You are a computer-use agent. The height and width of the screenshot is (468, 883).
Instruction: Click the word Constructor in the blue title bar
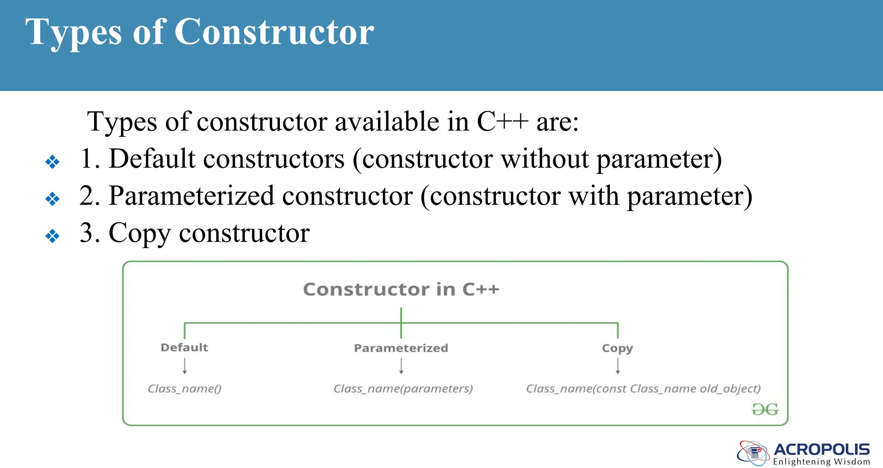[x=274, y=32]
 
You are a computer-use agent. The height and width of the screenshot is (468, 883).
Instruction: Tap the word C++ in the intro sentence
[x=502, y=122]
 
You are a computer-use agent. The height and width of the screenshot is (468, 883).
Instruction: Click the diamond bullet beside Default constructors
[x=52, y=162]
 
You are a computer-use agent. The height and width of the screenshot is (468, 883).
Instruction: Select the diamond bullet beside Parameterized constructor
[x=52, y=199]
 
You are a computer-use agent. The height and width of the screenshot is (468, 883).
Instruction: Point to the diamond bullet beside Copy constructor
[x=52, y=236]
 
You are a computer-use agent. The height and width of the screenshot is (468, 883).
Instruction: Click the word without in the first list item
[x=544, y=159]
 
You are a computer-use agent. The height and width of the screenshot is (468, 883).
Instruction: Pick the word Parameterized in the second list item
[x=191, y=196]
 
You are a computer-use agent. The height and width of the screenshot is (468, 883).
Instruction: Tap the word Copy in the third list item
[x=139, y=233]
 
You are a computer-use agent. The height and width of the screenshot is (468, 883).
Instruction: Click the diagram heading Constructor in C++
[x=401, y=289]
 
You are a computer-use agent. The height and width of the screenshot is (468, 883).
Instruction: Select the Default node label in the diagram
[x=184, y=347]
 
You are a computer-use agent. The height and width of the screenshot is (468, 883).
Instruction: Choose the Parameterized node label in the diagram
[x=401, y=348]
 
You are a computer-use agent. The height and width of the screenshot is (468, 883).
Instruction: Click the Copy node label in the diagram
[x=617, y=348]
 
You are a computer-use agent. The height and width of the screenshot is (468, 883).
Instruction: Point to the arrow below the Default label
[x=185, y=366]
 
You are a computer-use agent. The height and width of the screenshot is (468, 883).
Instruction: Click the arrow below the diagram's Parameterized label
[x=401, y=366]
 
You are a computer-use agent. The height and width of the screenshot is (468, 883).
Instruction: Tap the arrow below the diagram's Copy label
[x=618, y=366]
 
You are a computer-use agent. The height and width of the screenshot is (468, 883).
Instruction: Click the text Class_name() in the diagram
[x=185, y=389]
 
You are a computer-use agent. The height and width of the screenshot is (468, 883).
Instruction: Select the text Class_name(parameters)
[x=403, y=389]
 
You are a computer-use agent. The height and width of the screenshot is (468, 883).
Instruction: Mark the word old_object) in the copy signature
[x=730, y=389]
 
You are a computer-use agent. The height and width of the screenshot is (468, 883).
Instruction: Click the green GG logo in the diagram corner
[x=765, y=409]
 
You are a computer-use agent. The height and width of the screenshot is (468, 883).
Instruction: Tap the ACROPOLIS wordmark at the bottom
[x=822, y=449]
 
